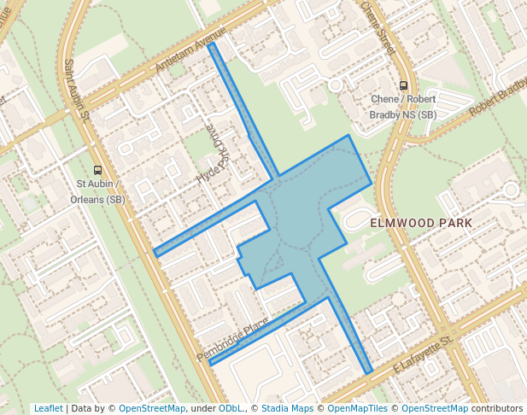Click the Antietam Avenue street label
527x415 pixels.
(190, 52)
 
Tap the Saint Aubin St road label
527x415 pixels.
(77, 90)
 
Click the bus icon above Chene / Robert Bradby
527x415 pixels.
(403, 85)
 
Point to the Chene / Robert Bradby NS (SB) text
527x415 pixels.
(403, 107)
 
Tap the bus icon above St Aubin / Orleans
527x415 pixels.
(98, 169)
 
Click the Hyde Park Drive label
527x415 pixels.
(215, 159)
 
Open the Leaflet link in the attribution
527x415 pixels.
(48, 408)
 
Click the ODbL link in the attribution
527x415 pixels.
(231, 408)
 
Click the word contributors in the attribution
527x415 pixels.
(497, 408)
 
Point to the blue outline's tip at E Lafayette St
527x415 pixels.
(370, 373)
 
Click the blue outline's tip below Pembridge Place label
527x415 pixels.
(210, 365)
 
